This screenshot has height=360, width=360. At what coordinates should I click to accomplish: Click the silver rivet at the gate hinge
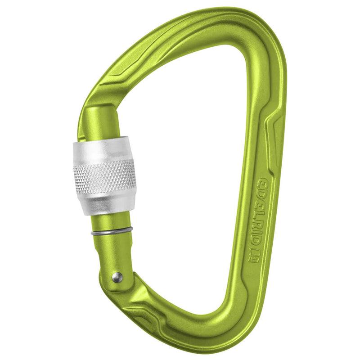coord(117,277)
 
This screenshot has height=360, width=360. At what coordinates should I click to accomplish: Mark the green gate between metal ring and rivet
coord(112,254)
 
